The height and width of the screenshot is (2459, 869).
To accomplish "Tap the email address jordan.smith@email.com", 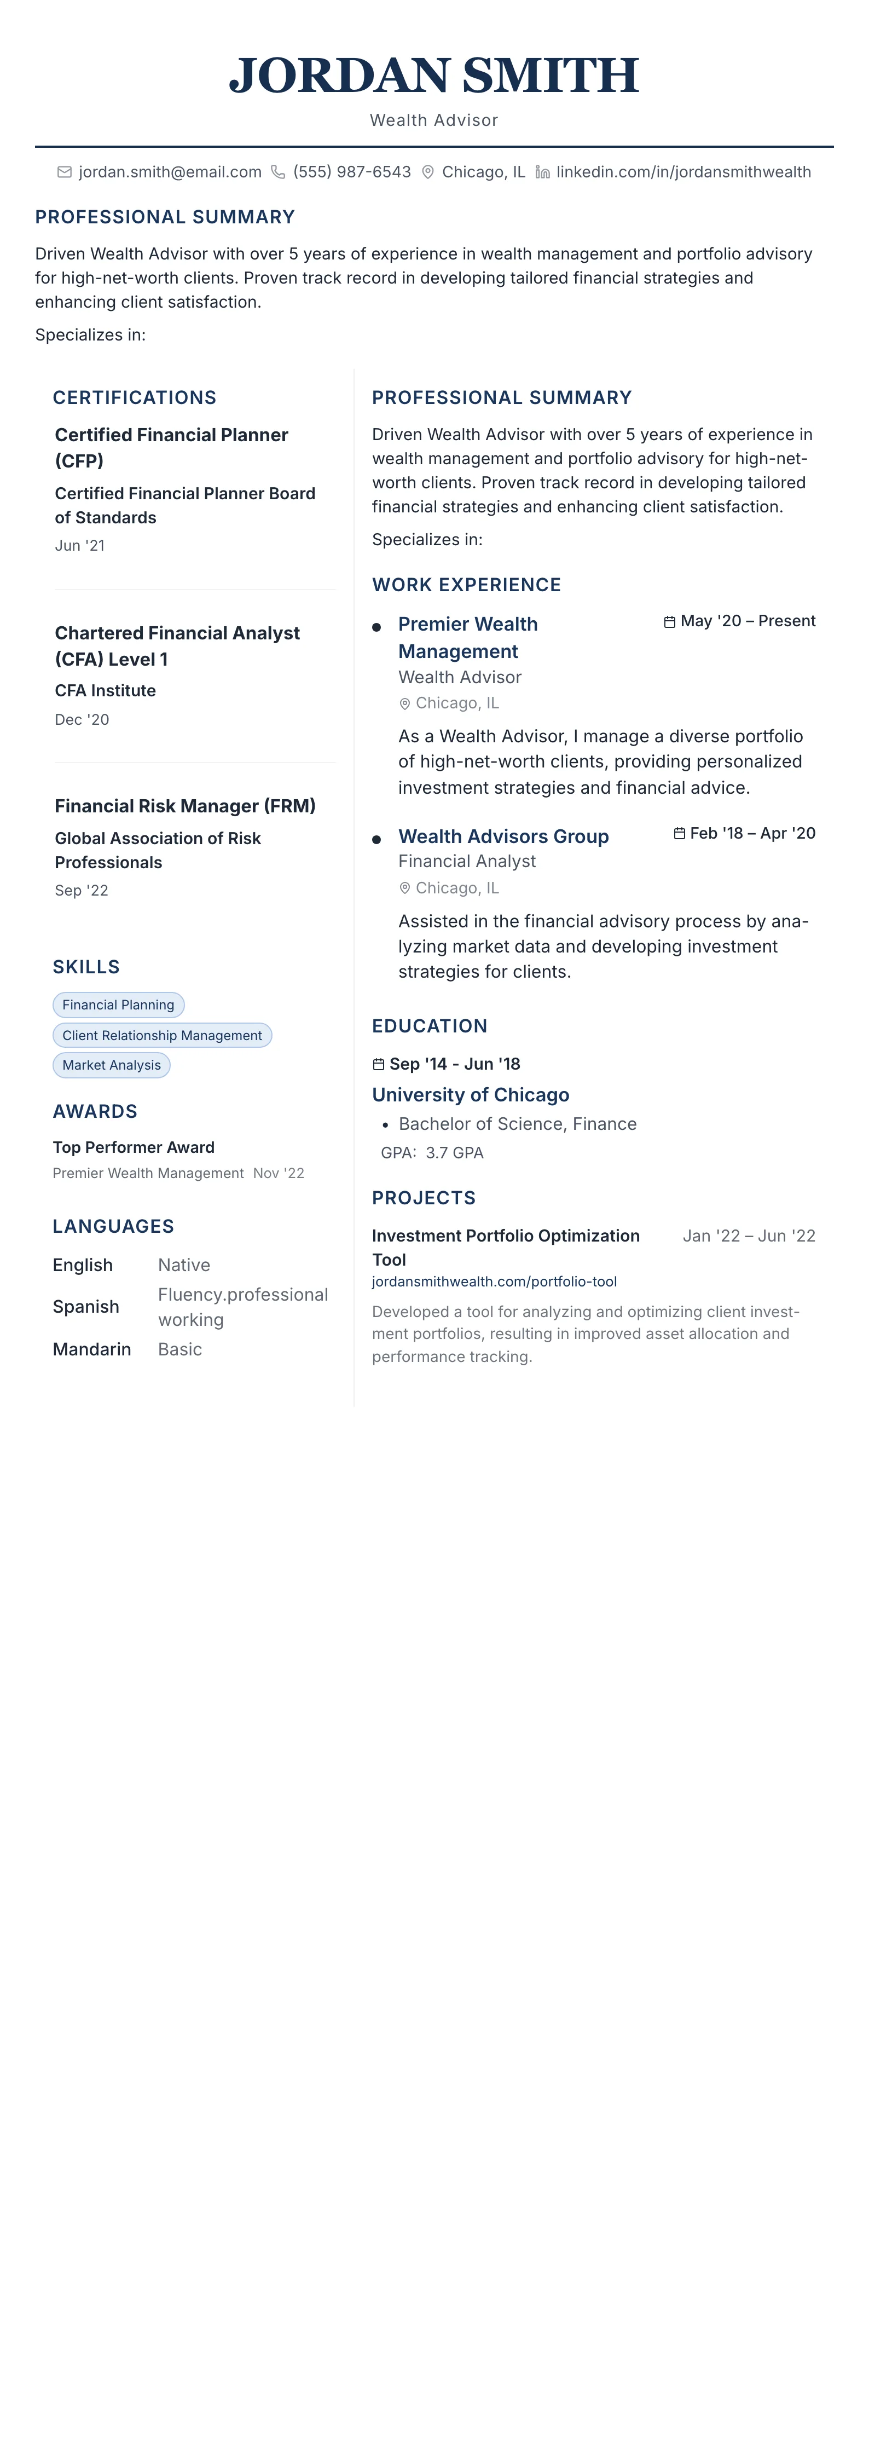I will tap(170, 172).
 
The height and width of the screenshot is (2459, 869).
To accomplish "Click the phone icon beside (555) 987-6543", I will tap(277, 172).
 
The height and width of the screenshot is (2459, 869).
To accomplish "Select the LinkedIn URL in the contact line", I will tap(683, 172).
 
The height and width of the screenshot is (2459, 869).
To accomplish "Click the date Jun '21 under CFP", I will tap(80, 546).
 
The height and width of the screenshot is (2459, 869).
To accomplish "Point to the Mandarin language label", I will tap(91, 1349).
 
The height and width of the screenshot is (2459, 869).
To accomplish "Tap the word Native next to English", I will tap(184, 1265).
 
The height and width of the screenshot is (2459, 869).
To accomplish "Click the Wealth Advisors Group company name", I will tap(503, 836).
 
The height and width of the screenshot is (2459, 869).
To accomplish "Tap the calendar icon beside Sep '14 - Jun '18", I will tap(379, 1064).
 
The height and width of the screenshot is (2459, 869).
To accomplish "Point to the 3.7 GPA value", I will tap(455, 1153).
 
